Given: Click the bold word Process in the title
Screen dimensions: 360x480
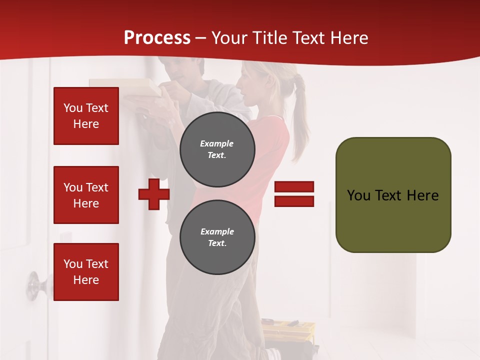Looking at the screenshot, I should (x=157, y=37).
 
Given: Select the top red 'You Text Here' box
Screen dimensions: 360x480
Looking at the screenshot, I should (x=86, y=116).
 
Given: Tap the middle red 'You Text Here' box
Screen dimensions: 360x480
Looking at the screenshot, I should (x=86, y=195).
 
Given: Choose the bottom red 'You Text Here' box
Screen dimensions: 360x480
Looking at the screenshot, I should (x=86, y=272).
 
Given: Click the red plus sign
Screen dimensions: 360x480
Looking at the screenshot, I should (x=154, y=194).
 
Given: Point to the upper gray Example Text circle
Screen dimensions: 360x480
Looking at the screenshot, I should (x=217, y=149).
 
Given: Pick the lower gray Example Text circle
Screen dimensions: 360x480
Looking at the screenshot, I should (x=217, y=237).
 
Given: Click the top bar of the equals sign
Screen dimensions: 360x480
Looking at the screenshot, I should (x=294, y=186).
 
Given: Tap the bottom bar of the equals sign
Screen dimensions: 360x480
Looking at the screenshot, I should (x=294, y=201).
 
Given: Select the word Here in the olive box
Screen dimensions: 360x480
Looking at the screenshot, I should (x=423, y=195).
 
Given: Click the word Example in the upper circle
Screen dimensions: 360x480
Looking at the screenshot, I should (x=217, y=143).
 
